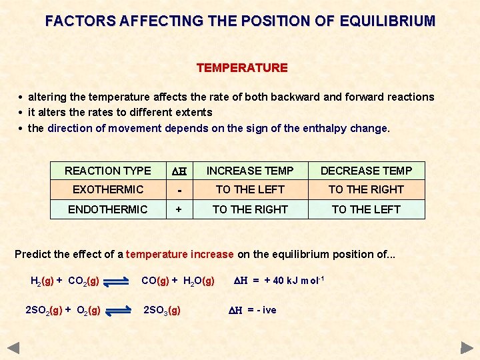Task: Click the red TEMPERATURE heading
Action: (x=242, y=68)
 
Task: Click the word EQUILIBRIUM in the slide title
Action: (x=387, y=21)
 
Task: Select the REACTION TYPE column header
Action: (x=108, y=171)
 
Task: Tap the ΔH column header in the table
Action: (x=179, y=171)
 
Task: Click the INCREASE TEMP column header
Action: (x=249, y=171)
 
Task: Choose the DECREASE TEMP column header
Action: (x=366, y=171)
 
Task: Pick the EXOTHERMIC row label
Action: (x=108, y=190)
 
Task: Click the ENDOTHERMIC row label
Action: (x=108, y=209)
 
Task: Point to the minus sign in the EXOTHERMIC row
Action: (x=179, y=191)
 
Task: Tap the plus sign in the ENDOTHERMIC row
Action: (x=179, y=209)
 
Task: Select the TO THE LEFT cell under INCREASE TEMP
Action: (x=249, y=190)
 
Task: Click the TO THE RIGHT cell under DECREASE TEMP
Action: (x=366, y=190)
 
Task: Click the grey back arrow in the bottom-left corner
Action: (x=13, y=347)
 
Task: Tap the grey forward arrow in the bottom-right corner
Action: (x=467, y=347)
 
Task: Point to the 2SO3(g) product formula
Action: (x=162, y=310)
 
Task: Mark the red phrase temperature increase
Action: (x=179, y=254)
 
